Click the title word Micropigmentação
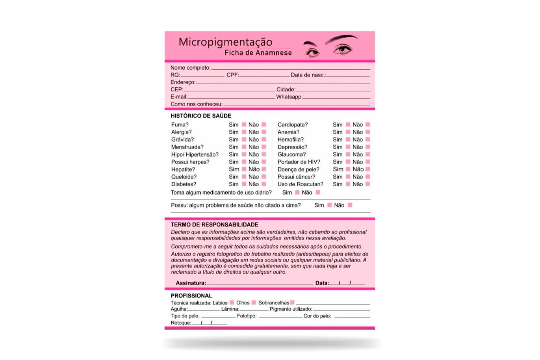tap(225, 42)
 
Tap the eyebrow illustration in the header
tap(341, 39)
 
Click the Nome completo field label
tap(190, 68)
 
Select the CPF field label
tap(232, 75)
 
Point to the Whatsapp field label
tap(289, 97)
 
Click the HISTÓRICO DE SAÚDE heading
tap(201, 116)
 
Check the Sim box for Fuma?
tap(244, 125)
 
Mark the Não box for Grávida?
tap(264, 139)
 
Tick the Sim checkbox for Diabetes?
tap(244, 184)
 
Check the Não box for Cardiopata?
tap(368, 125)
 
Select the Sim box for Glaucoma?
tap(348, 154)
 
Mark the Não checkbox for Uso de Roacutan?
tap(368, 184)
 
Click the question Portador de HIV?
tap(299, 162)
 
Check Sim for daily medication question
tap(297, 193)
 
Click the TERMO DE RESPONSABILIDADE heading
tap(214, 225)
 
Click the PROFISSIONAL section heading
tap(191, 296)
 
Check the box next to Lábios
tap(232, 302)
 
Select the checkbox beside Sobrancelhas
tap(292, 302)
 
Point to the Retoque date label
tap(180, 323)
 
